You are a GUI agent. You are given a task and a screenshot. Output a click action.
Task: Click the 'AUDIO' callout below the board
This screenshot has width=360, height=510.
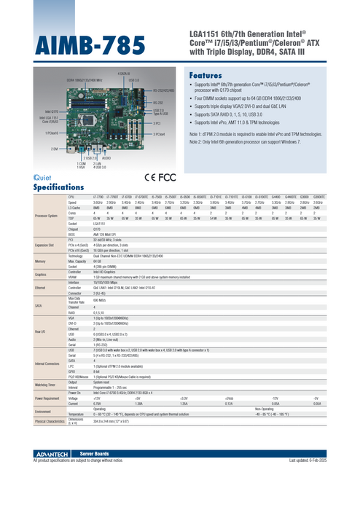(x=106, y=157)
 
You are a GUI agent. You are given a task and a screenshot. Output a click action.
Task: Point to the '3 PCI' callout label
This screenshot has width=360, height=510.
(x=157, y=124)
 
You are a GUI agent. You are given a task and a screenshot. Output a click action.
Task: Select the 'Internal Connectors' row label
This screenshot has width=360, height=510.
(x=47, y=363)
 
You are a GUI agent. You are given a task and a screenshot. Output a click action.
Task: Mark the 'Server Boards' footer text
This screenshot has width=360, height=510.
(x=74, y=454)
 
